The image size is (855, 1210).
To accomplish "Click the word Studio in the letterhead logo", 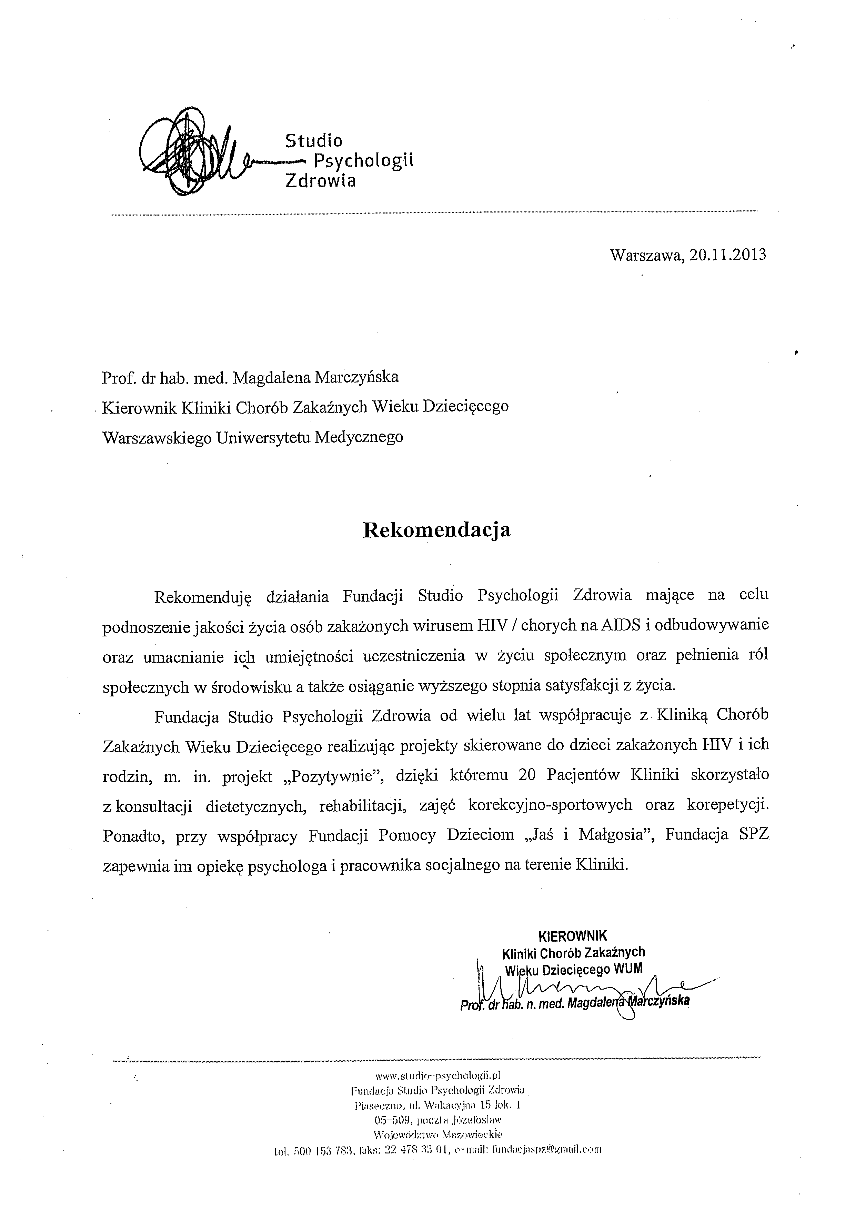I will click(313, 141).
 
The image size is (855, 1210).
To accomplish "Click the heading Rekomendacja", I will click(437, 530).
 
